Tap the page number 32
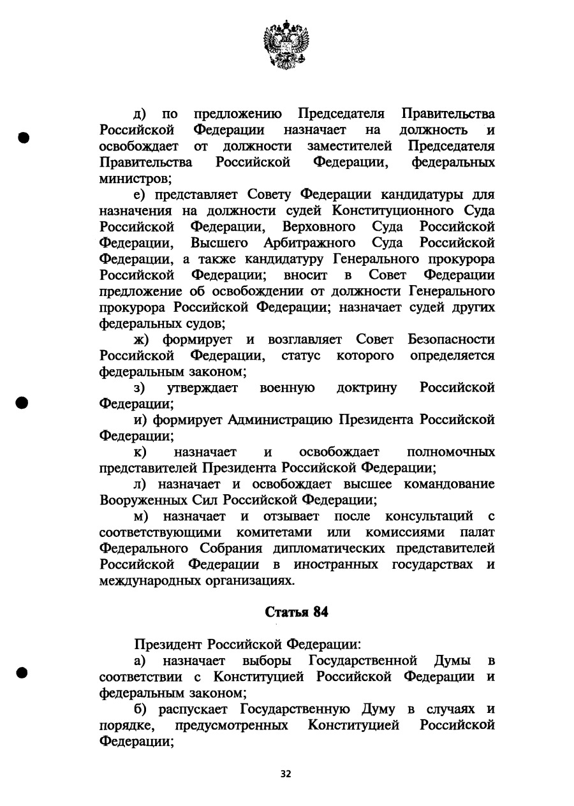286,773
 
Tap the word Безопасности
452,339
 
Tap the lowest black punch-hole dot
24,673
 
